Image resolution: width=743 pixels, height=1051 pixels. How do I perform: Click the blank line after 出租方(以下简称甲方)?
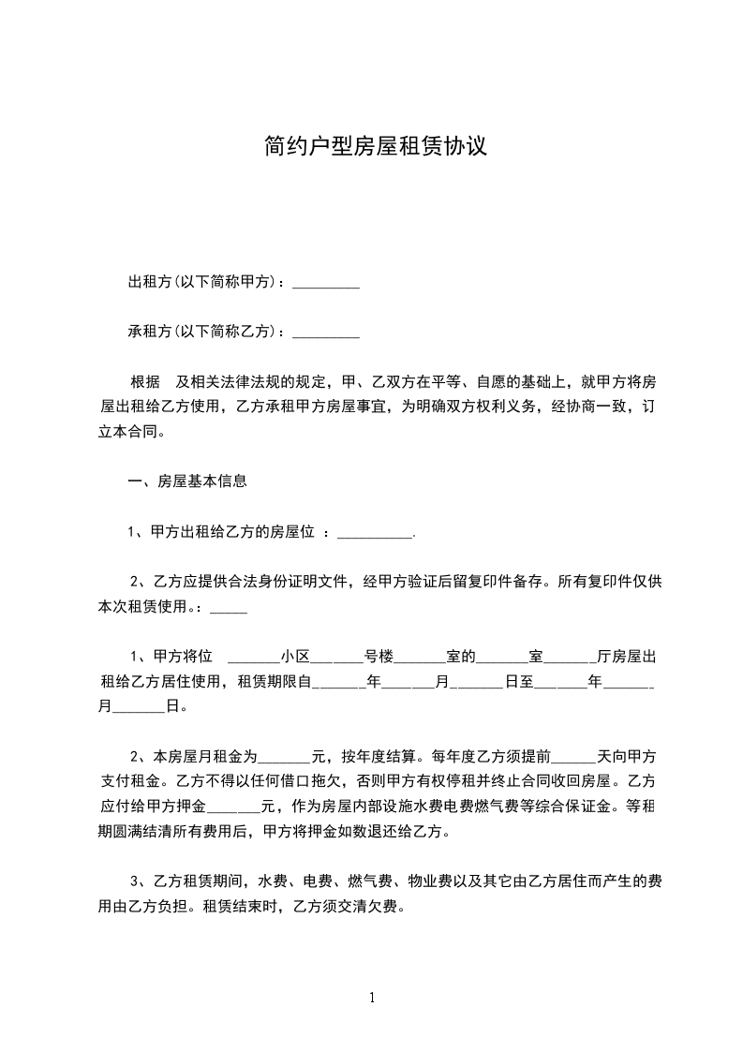click(326, 284)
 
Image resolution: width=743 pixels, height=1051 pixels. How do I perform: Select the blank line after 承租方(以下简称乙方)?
click(326, 333)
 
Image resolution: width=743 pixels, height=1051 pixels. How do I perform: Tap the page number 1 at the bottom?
click(372, 998)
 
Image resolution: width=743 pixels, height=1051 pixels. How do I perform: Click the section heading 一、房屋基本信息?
click(187, 482)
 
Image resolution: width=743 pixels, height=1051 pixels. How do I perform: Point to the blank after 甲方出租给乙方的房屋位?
click(374, 534)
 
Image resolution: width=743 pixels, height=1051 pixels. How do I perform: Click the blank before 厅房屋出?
click(571, 656)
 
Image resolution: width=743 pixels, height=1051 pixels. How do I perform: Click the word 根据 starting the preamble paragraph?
click(145, 383)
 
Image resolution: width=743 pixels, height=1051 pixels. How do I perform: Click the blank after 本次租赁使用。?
click(230, 607)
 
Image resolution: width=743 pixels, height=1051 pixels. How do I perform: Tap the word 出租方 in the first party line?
click(148, 283)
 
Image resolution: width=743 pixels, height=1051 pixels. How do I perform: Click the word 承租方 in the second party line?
click(148, 333)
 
